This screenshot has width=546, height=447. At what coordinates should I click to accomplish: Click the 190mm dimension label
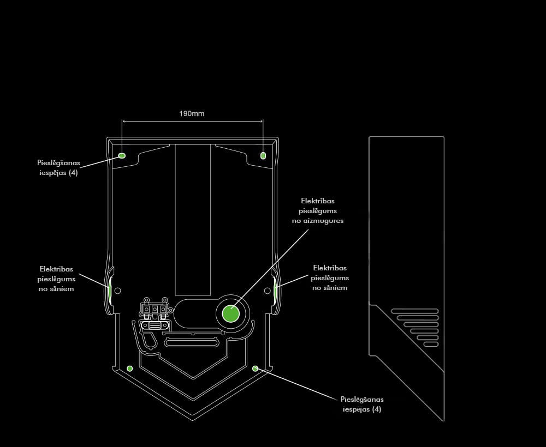192,114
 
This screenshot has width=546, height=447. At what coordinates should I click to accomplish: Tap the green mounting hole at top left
122,155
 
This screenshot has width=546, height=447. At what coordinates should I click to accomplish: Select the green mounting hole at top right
263,155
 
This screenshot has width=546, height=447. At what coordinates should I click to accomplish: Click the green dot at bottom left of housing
129,369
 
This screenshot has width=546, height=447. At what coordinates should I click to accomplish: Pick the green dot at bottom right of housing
255,369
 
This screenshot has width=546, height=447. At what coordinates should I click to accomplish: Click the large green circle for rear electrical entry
231,314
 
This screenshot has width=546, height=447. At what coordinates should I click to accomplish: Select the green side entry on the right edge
275,291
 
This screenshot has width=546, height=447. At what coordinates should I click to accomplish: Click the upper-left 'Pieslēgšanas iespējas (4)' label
58,167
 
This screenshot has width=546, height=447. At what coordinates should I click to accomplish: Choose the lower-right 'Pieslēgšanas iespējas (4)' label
362,404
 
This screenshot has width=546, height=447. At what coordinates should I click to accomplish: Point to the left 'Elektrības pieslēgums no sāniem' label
56,279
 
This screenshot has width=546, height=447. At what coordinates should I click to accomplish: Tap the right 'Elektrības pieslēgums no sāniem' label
330,277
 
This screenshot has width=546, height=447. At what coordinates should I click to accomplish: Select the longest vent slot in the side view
414,311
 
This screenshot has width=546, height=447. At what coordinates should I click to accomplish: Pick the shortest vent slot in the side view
431,344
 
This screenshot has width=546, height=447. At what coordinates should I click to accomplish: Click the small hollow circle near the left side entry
117,291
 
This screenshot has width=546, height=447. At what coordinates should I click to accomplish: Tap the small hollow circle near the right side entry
268,291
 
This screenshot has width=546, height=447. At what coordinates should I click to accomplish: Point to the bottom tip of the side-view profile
443,420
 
